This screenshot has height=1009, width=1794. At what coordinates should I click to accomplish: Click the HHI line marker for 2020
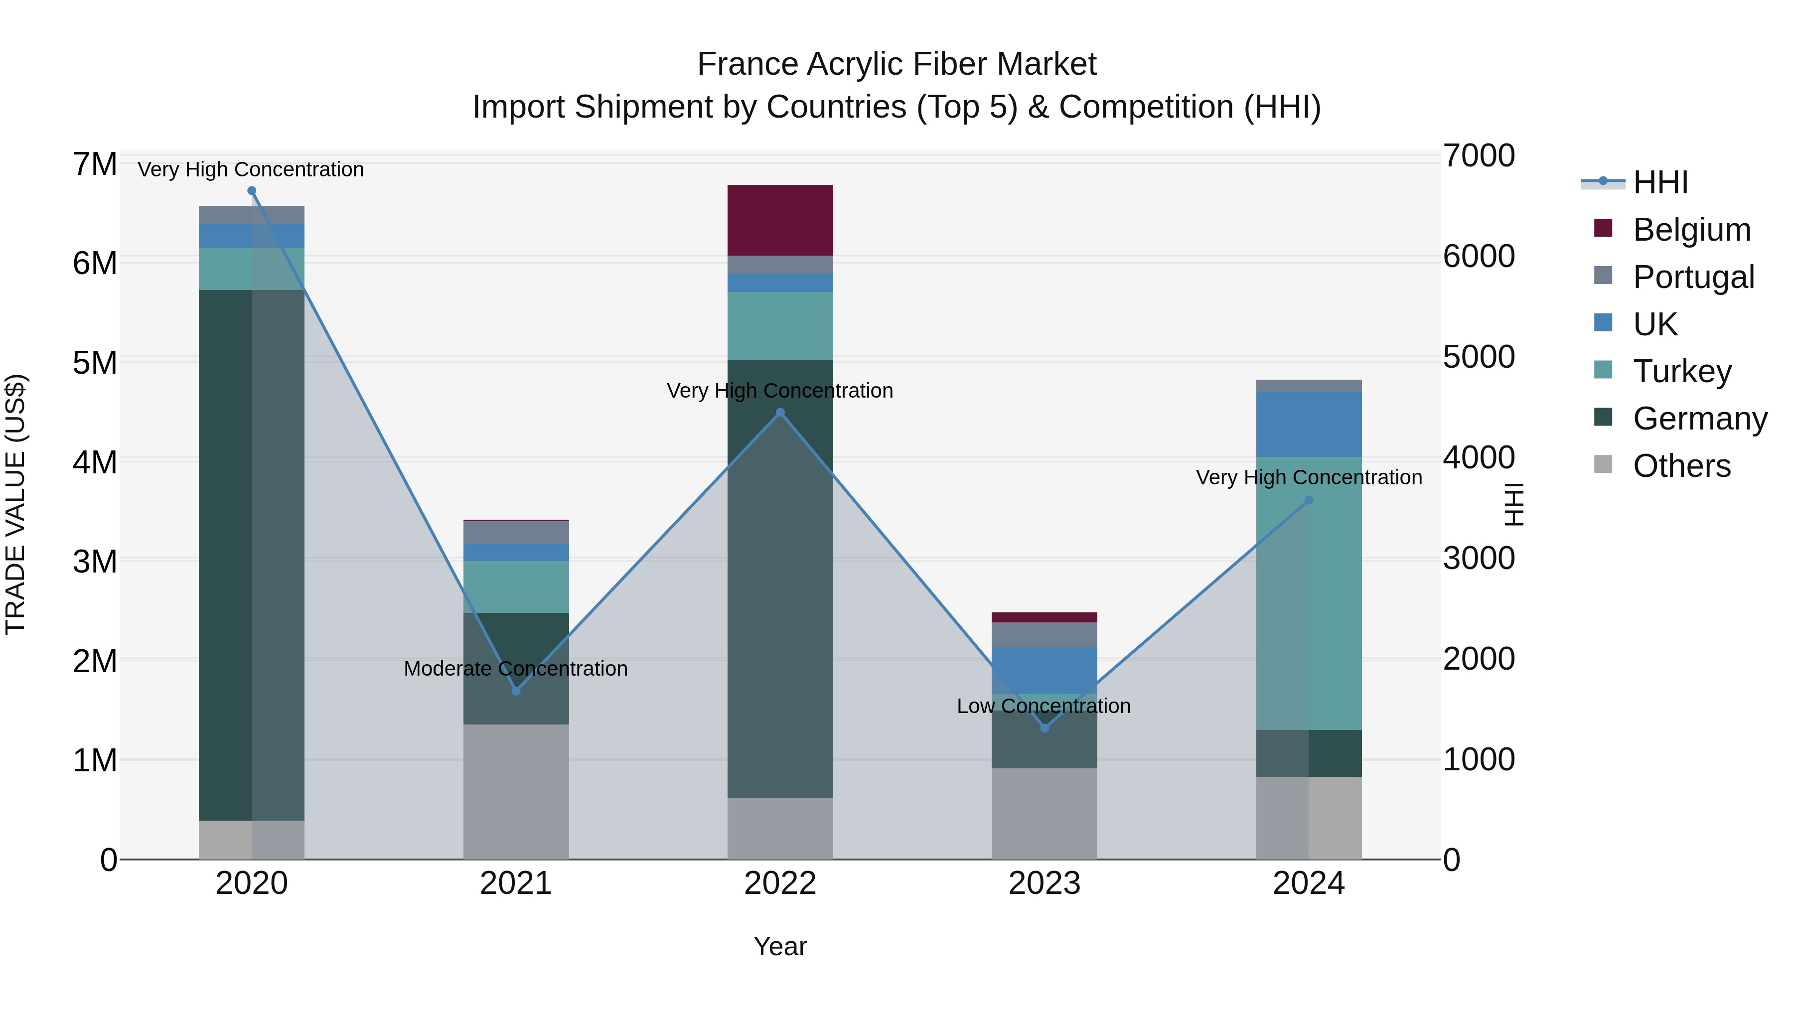pos(252,191)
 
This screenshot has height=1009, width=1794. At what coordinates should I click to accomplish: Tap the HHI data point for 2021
pos(516,691)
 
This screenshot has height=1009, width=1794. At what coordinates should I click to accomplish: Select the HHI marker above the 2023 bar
pos(1044,727)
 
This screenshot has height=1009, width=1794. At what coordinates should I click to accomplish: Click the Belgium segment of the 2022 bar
pos(780,220)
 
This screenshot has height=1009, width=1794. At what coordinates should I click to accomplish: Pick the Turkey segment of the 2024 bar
pos(1309,593)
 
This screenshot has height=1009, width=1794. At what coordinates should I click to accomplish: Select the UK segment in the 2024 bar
pos(1309,424)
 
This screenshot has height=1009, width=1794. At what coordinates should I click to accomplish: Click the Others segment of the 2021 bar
pos(516,792)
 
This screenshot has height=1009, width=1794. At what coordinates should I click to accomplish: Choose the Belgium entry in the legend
pos(1691,230)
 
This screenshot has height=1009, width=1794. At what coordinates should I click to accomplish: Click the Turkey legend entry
pos(1682,371)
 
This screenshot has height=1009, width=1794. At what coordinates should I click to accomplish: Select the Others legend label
pos(1681,466)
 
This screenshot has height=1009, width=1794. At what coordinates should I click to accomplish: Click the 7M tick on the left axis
pos(95,164)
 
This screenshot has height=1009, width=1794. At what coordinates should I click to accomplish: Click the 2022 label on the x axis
pos(780,883)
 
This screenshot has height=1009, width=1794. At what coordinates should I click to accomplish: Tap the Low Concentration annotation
pos(1043,706)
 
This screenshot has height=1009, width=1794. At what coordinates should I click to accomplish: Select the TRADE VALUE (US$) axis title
pos(15,504)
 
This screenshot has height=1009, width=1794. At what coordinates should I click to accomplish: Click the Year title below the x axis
pos(780,946)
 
